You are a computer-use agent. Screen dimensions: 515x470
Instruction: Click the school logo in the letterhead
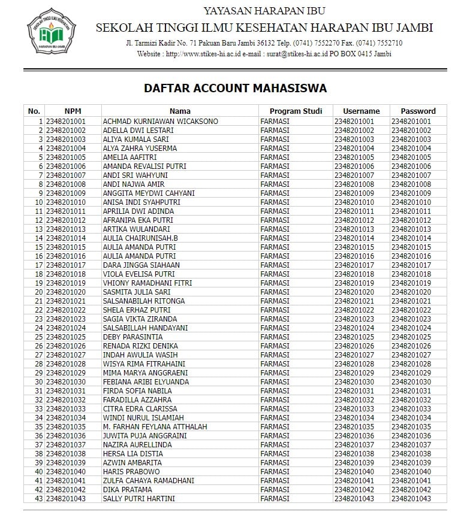tap(51, 29)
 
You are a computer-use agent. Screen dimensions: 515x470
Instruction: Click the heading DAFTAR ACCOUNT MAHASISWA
tap(235, 88)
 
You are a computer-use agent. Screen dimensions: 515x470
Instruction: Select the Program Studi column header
tap(296, 111)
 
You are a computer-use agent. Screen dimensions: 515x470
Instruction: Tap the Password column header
tap(418, 111)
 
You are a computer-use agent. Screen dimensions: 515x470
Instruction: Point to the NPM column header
tap(73, 111)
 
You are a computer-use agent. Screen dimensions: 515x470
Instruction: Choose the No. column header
tap(34, 111)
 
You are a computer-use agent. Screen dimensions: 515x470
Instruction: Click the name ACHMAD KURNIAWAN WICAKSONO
tap(160, 122)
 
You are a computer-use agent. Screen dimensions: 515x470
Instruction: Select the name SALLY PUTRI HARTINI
tap(139, 499)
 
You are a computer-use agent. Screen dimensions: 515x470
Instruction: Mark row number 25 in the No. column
tap(38, 337)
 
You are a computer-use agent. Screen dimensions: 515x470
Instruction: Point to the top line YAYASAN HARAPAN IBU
tap(264, 11)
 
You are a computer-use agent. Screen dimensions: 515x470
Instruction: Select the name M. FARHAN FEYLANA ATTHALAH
tap(155, 427)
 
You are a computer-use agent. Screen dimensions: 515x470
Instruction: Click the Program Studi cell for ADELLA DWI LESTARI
tap(275, 131)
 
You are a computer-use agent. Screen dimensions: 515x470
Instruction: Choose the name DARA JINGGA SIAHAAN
tap(141, 265)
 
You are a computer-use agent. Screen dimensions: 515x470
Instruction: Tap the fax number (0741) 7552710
tap(379, 43)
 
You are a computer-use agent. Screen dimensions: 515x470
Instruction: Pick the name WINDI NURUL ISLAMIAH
tap(143, 418)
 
